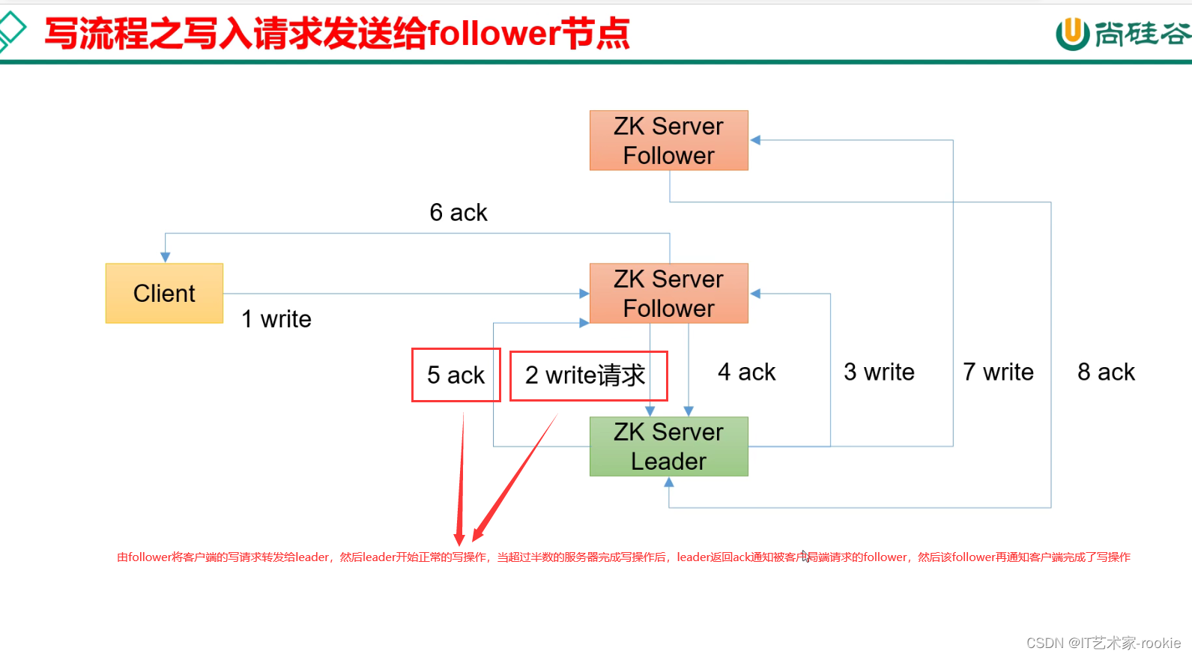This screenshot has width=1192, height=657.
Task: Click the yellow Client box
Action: coord(164,293)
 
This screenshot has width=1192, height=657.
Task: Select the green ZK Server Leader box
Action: coord(668,446)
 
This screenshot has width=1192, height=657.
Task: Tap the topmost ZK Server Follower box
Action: coord(668,140)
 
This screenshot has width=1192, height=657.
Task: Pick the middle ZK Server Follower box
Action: coord(668,293)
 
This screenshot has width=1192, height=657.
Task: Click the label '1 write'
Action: coord(276,319)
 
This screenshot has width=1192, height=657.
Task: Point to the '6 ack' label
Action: coord(458,213)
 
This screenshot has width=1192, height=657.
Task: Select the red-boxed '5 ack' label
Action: coord(456,375)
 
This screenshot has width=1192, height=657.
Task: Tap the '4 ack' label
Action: coord(746,372)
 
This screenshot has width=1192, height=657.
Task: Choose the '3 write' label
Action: coord(879,372)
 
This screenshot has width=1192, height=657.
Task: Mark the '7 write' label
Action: coord(998,372)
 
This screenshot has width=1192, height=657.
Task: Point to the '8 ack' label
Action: coord(1106,372)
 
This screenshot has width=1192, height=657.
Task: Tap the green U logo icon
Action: coord(1072,34)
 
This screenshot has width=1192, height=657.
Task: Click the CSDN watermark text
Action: coord(1103,643)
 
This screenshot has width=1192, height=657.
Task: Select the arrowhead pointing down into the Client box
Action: coord(166,257)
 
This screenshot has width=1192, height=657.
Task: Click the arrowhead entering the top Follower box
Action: coord(755,140)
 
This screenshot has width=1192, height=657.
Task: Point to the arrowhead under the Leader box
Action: coord(669,482)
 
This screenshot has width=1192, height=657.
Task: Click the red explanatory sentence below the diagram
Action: coord(623,557)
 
